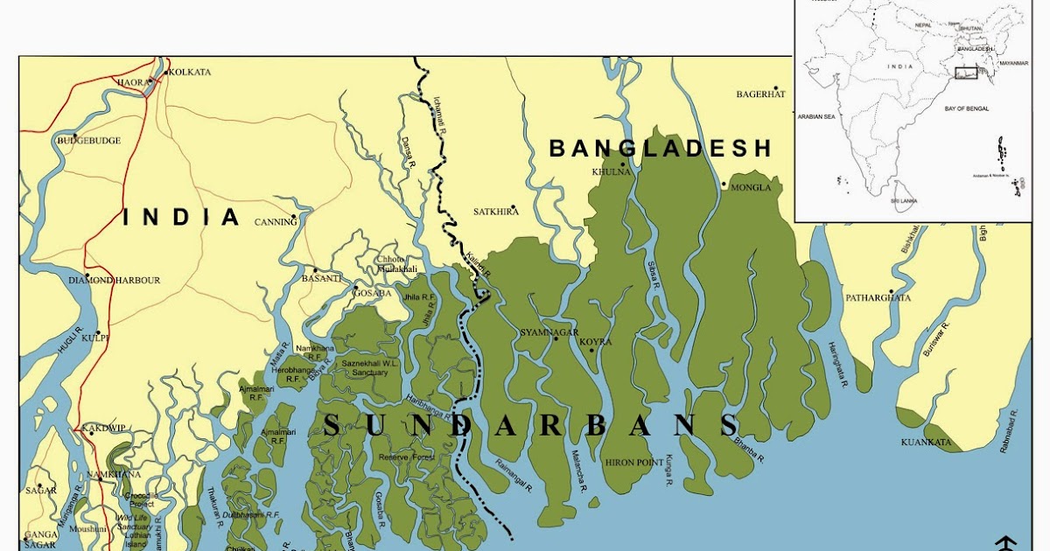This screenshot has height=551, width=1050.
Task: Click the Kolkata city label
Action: click(x=189, y=72)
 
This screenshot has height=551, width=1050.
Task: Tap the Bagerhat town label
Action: click(x=760, y=94)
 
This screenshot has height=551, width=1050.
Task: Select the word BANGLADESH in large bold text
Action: click(x=661, y=148)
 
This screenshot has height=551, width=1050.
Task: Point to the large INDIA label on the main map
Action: click(x=181, y=217)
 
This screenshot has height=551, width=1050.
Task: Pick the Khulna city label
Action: click(x=611, y=172)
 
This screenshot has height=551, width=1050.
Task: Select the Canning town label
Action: click(x=276, y=222)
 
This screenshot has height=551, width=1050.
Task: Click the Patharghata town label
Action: click(x=878, y=298)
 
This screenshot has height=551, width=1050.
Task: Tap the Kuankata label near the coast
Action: click(x=926, y=443)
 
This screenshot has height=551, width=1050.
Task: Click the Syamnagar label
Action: click(x=549, y=333)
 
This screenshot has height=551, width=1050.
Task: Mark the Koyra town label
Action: click(x=595, y=342)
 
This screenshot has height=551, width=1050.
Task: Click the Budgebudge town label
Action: click(x=88, y=141)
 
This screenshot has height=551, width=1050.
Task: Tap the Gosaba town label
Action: click(x=372, y=293)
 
